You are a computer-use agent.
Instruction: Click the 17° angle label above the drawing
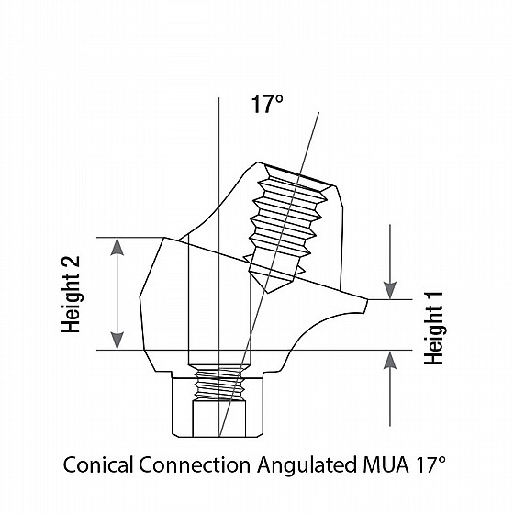point(267,105)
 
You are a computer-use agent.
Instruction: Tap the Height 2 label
point(71,294)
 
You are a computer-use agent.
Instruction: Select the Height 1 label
point(433,329)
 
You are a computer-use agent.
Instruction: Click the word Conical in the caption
point(98,464)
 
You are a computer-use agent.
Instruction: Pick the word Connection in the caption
point(195,464)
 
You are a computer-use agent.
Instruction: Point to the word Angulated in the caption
point(307,465)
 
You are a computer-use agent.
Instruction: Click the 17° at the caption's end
point(430,464)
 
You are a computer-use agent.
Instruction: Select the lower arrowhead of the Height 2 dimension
point(117,341)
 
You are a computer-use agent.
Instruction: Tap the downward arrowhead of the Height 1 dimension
point(390,290)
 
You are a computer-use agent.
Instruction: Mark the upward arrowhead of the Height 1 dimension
point(390,360)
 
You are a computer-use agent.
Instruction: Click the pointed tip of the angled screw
point(268,293)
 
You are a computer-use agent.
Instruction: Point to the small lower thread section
point(219,383)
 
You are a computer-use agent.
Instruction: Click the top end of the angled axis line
point(319,112)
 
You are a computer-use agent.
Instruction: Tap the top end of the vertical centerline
point(218,97)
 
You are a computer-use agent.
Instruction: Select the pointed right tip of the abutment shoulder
point(367,299)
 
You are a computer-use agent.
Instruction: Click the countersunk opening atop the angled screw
point(298,179)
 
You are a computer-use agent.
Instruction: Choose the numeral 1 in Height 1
point(433,297)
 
